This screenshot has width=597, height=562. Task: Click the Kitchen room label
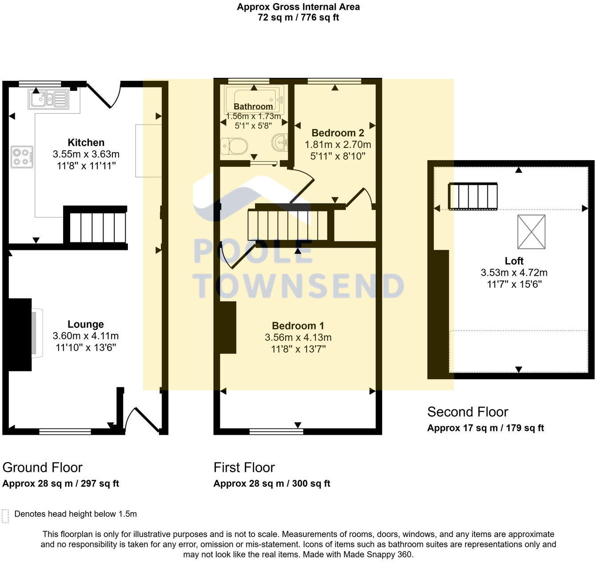coord(86,143)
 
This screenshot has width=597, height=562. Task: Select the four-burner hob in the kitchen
coord(22,157)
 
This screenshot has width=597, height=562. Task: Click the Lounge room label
coord(86,325)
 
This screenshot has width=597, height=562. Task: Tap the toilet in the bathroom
coord(234,146)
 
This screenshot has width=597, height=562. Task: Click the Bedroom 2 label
coord(338,132)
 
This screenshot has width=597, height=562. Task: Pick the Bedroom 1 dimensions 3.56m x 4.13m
coord(298,337)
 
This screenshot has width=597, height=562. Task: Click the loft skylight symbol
coord(531,232)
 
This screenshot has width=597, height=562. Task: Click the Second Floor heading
coord(467,412)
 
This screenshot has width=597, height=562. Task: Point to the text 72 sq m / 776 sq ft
coord(298,18)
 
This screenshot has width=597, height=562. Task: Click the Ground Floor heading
coord(42,467)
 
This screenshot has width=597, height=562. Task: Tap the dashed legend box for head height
coord(5,516)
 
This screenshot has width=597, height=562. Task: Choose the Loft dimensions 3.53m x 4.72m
coord(514,273)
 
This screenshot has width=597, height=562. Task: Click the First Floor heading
coord(244,467)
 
